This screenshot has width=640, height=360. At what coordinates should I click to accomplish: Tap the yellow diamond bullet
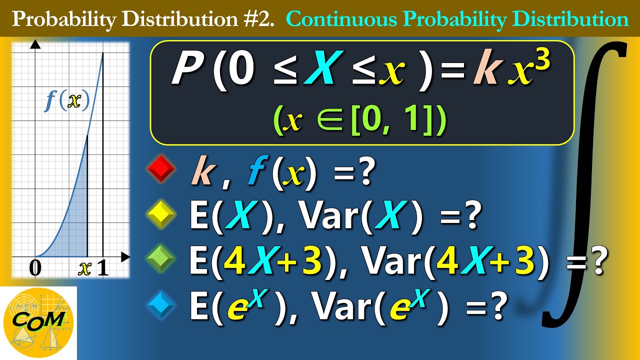coord(161,216)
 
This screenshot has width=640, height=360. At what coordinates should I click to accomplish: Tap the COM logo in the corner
coord(38,320)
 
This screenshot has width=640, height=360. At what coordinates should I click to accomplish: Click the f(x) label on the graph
coord(67,101)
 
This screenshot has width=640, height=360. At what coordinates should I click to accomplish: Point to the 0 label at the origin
coord(35,269)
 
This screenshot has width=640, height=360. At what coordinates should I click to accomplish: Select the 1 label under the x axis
coord(102,269)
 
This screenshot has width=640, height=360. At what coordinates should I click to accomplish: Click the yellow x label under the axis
coord(85,269)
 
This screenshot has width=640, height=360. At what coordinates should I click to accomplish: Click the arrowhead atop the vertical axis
coord(35,44)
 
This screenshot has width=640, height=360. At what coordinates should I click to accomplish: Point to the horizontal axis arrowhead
coord(125,256)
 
